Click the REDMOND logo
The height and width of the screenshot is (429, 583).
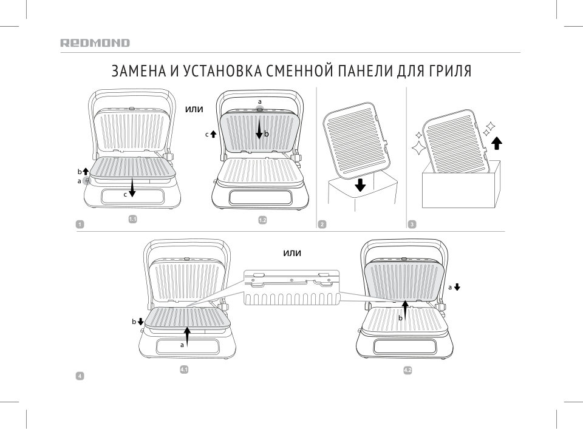tap(95, 43)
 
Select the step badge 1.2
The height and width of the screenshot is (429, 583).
tap(263, 220)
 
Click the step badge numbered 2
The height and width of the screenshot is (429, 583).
tap(322, 225)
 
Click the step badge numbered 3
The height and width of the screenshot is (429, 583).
tap(412, 225)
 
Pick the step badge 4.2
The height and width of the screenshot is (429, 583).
tap(407, 370)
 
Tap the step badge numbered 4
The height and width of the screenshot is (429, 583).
tap(79, 376)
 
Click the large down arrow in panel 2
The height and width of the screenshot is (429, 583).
tap(360, 184)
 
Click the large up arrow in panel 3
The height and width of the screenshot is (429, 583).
tap(497, 143)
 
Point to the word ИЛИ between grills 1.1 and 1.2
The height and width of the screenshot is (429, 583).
tap(193, 109)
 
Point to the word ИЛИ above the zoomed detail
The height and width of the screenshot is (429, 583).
tap(292, 253)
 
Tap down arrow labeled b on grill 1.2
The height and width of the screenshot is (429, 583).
tap(259, 128)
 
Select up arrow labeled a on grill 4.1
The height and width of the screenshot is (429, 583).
tap(188, 335)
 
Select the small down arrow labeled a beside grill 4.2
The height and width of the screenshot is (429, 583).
tap(457, 286)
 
